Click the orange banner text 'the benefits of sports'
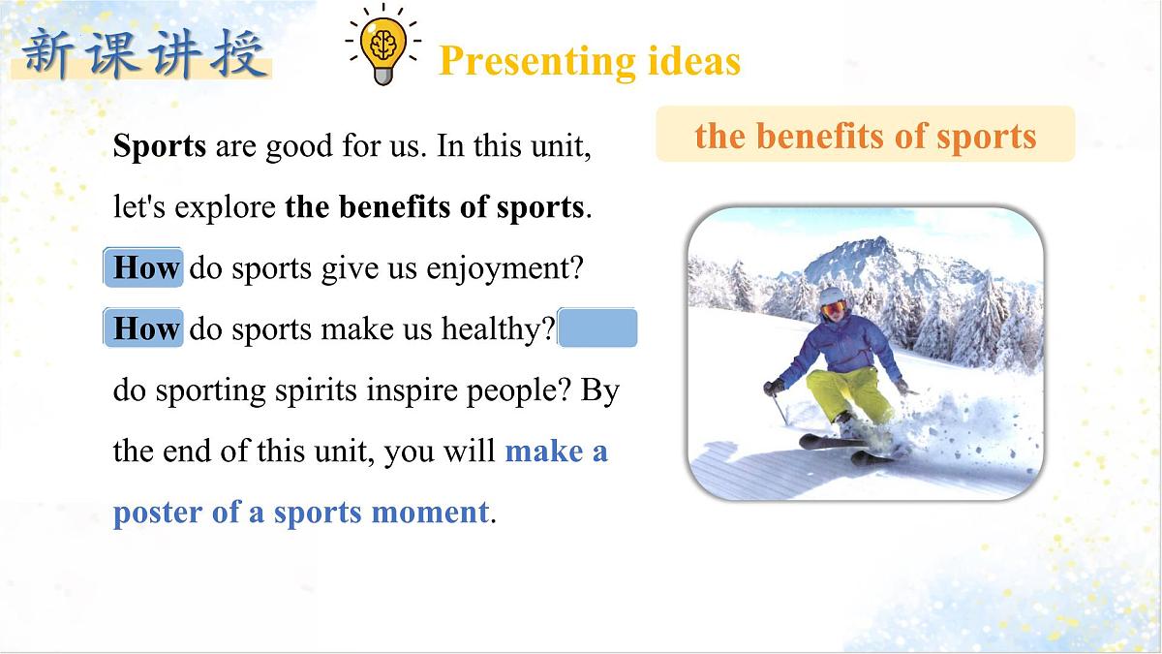click(865, 136)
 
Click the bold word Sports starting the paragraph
click(160, 146)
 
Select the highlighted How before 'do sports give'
click(145, 267)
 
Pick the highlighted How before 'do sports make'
click(145, 328)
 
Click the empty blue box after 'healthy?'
click(598, 328)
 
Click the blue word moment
click(443, 513)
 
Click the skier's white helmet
click(831, 296)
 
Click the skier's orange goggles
click(833, 307)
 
